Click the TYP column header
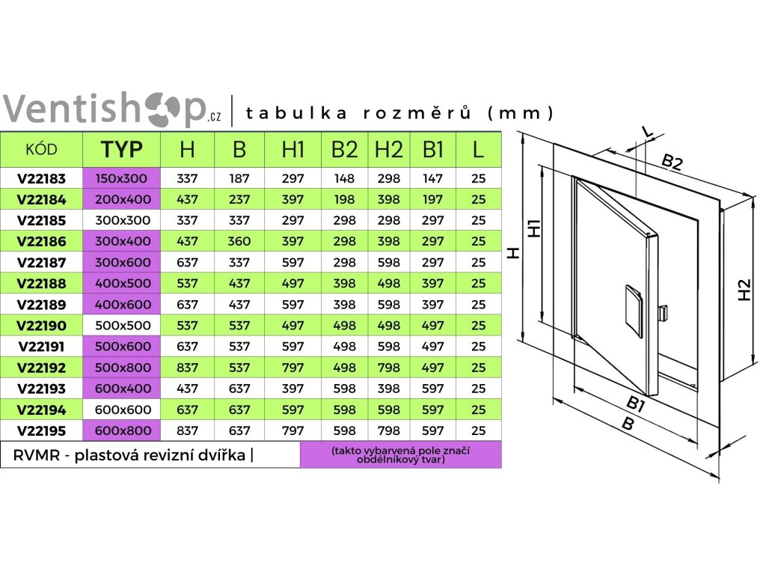point(122,149)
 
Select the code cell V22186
point(41,242)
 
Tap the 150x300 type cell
point(122,179)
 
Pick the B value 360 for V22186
point(239,242)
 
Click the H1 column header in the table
point(293,149)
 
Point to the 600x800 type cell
point(122,431)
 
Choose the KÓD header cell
point(41,149)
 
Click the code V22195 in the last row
point(41,431)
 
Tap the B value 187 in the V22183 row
point(239,179)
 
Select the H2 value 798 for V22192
point(388,368)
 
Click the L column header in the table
point(479,149)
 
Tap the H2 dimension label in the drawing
point(744,290)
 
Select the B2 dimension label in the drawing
point(672,162)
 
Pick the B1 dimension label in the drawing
point(636,404)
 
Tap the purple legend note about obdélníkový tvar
point(401,455)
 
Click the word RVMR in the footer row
point(36,455)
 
